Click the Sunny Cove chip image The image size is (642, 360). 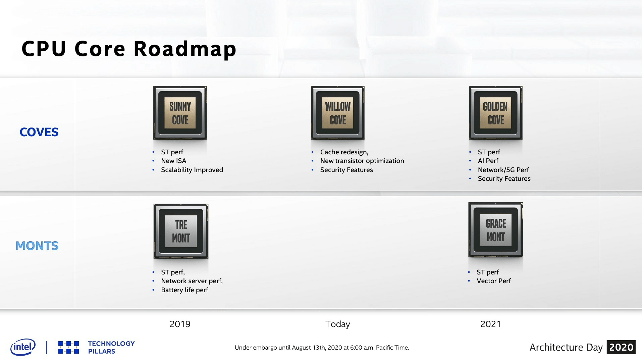180,113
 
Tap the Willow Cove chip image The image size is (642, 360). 338,113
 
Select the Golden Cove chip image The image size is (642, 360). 496,113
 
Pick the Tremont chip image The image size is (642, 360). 181,231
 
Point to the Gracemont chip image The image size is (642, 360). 496,230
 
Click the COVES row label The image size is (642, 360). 39,132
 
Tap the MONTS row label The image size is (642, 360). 37,246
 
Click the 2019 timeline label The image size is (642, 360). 180,324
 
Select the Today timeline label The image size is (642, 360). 338,324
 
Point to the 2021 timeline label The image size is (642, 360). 491,324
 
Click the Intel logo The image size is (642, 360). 23,347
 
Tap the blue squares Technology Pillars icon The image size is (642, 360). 68,347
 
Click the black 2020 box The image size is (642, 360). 621,347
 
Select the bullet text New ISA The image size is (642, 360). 174,161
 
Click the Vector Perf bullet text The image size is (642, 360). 494,281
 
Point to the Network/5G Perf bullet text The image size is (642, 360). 503,170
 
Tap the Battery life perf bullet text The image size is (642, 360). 184,290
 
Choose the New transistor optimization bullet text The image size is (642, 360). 362,161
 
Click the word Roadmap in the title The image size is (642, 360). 185,49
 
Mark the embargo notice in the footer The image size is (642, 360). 322,348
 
